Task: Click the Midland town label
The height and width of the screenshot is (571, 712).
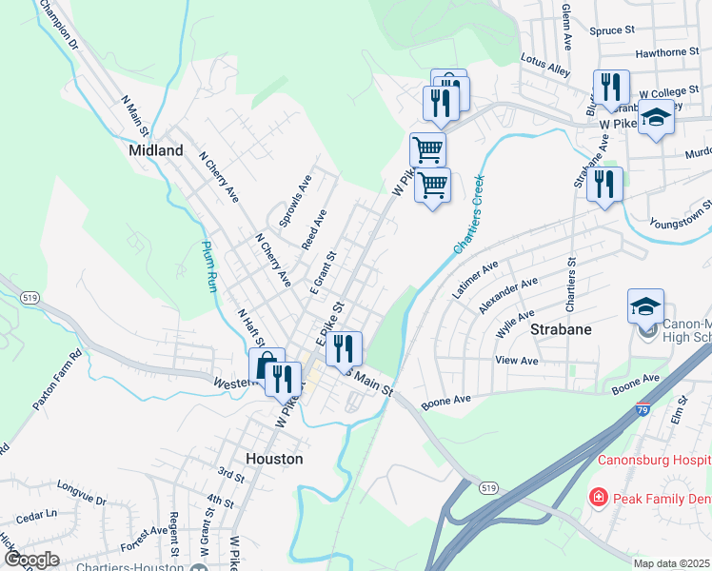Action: tap(156, 150)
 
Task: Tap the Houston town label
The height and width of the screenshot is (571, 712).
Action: tap(274, 458)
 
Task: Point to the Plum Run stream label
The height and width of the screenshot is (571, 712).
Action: tap(209, 266)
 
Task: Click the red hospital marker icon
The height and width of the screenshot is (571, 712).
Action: tap(597, 496)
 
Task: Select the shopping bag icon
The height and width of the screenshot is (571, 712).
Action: tap(266, 364)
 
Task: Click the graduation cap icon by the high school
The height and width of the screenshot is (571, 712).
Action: tap(645, 306)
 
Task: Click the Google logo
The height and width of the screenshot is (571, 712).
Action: tap(30, 560)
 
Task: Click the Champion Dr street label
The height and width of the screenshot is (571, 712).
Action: tap(57, 27)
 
